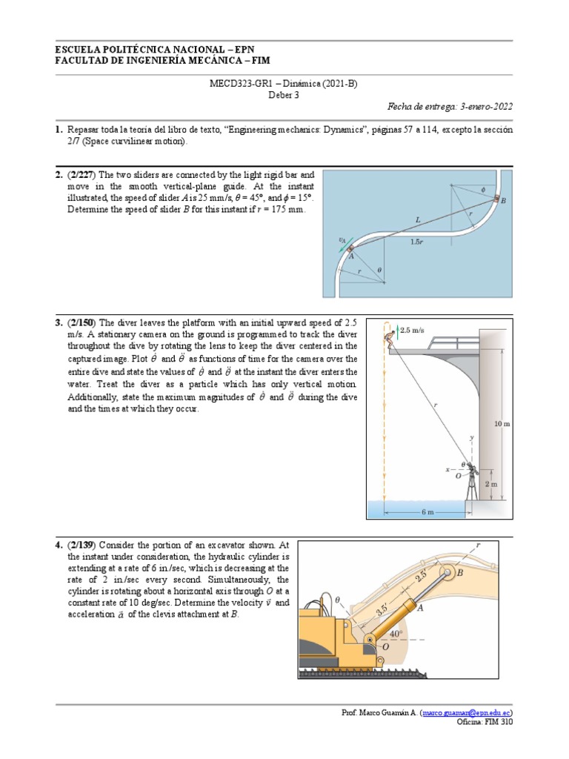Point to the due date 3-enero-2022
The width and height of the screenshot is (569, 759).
point(485,107)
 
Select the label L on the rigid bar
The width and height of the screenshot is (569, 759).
point(419,219)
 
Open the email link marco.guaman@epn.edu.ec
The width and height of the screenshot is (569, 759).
point(466,712)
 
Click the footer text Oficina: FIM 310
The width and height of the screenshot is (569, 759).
point(485,721)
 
